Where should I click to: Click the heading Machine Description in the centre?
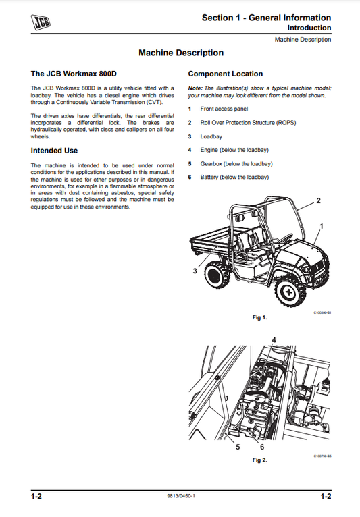coord(180,53)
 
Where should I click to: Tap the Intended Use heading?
coord(55,151)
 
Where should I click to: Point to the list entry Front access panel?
coord(224,109)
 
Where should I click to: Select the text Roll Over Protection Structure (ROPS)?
coord(247,123)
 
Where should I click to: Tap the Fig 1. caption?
coord(260,317)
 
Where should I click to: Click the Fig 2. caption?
coord(260,460)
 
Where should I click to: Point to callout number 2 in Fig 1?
coord(319,201)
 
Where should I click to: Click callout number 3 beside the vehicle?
coord(195,270)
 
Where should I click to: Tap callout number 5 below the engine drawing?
coord(238,447)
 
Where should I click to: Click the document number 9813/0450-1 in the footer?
coord(180,497)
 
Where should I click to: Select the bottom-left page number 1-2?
coord(36,497)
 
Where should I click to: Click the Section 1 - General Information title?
coord(266,18)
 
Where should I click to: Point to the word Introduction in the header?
coord(309,28)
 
